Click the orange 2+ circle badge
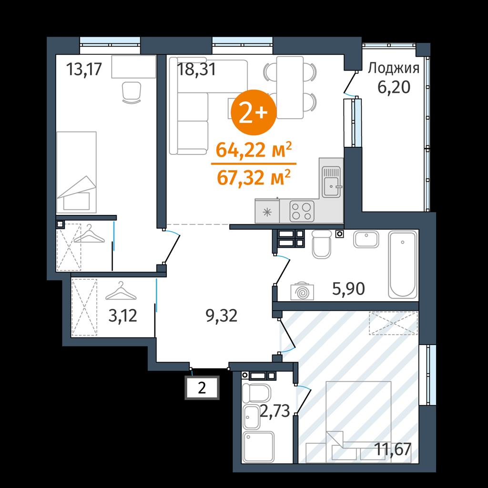coord(254,112)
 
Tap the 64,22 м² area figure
coord(254,150)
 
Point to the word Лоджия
coord(393,68)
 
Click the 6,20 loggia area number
coord(394,88)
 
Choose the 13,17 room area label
coord(84,69)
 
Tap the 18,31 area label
coord(196,69)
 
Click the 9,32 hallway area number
coord(222,316)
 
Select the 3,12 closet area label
coord(122,316)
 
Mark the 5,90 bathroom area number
coord(348,289)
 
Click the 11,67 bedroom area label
coord(393,449)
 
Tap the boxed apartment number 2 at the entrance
coord(202,388)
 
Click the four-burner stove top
coord(302,212)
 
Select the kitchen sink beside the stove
coord(332,182)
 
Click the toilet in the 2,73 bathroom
coord(256,393)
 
